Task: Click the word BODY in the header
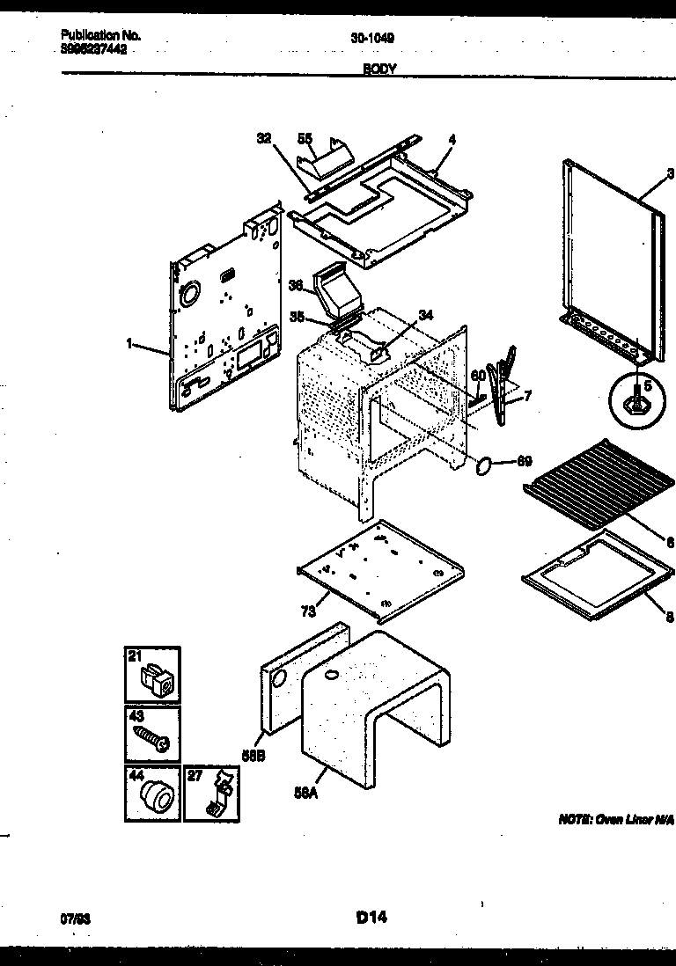[x=379, y=69]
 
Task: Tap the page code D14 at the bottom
[x=371, y=918]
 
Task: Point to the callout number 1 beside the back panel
[x=129, y=345]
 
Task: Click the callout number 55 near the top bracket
[x=305, y=138]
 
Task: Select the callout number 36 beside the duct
[x=296, y=285]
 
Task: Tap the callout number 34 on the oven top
[x=426, y=315]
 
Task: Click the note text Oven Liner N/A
[x=615, y=820]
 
